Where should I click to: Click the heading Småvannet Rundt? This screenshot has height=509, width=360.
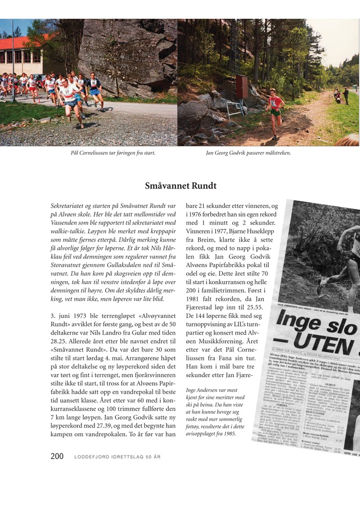pyautogui.click(x=180, y=185)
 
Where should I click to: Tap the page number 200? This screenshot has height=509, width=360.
pyautogui.click(x=57, y=456)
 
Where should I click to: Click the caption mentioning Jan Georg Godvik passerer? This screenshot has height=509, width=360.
pyautogui.click(x=248, y=153)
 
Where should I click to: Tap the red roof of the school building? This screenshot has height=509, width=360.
pyautogui.click(x=22, y=43)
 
